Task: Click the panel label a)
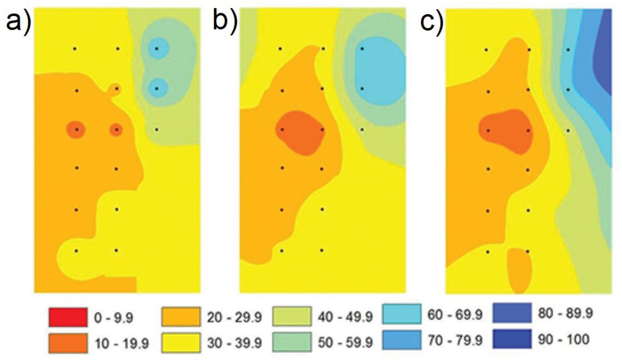click(18, 23)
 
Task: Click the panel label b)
click(225, 23)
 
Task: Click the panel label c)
click(432, 23)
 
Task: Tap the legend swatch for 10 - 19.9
click(68, 343)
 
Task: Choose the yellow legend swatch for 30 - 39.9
click(181, 343)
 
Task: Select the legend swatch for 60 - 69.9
click(402, 315)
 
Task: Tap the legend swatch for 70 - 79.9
click(402, 339)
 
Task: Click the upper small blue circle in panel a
click(157, 49)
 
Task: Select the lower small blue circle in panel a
click(157, 88)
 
